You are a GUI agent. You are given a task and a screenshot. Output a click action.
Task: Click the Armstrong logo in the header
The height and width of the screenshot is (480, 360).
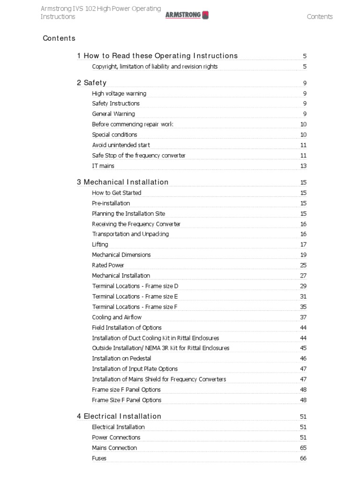tap(187, 15)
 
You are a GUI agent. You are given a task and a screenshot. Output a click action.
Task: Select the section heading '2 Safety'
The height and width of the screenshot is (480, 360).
tap(91, 83)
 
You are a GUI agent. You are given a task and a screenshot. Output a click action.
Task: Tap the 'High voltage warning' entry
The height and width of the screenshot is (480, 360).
tap(119, 93)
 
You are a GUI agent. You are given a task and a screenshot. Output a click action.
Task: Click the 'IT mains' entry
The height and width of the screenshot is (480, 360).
tap(103, 166)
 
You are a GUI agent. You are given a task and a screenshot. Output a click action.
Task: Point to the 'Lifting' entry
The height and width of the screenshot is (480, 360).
tap(100, 245)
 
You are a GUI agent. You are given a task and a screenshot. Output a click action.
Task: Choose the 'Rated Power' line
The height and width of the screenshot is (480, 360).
tap(108, 265)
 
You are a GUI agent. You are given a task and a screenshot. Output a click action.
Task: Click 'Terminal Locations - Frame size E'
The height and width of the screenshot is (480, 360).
tap(135, 296)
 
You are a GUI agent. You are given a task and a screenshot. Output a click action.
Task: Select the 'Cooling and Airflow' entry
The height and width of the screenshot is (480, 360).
tap(117, 317)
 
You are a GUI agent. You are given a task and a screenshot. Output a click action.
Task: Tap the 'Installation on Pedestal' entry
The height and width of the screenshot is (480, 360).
tap(121, 359)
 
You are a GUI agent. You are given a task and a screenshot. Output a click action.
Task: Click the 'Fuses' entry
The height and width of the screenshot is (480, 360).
tap(99, 458)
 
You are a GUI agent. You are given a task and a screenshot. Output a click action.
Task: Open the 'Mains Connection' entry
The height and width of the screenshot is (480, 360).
tap(114, 448)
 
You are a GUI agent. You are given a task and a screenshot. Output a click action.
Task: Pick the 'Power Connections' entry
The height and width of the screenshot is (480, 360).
tap(116, 438)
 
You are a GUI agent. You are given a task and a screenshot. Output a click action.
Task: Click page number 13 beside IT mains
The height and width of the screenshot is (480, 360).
tap(303, 166)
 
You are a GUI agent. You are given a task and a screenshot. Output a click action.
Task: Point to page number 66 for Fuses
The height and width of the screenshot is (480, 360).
tap(303, 458)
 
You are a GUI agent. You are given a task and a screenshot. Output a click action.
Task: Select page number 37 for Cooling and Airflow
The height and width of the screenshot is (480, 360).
tap(303, 317)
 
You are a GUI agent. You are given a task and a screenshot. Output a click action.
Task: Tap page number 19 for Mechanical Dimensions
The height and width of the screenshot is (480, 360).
tap(303, 255)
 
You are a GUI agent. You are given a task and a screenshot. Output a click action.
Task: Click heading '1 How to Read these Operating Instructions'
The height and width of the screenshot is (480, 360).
tap(157, 56)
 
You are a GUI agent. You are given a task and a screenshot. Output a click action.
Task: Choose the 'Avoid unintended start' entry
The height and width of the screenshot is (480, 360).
tap(121, 145)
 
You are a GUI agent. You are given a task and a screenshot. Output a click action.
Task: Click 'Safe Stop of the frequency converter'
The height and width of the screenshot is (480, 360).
tap(139, 156)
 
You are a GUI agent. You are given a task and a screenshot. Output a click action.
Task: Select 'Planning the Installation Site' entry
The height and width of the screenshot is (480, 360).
tap(128, 214)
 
